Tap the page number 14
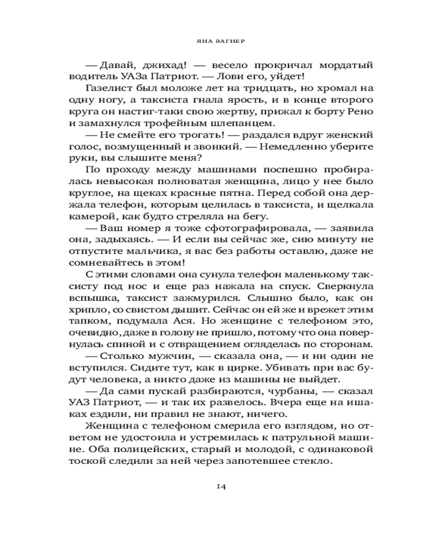(x=213, y=487)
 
